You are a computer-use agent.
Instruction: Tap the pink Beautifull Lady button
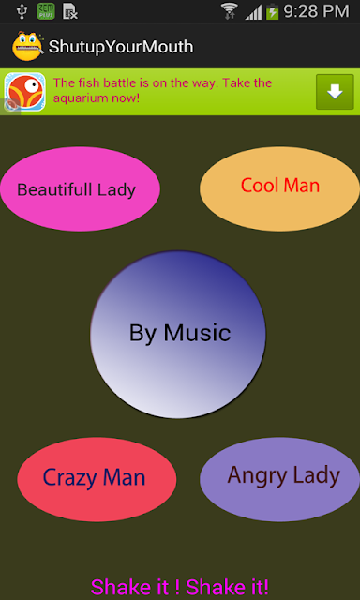80,189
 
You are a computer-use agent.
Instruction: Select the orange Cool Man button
279,189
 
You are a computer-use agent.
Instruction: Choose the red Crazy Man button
97,479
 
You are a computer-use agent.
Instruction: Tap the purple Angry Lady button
279,479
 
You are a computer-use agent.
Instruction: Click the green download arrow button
335,92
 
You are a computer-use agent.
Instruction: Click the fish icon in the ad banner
25,92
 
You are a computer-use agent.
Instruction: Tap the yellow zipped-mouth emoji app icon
27,46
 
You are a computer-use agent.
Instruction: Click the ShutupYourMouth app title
121,47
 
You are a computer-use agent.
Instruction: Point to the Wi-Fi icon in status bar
230,11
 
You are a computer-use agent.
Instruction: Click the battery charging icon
273,11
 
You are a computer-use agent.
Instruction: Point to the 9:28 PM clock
316,11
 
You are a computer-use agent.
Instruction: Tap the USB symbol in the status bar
22,11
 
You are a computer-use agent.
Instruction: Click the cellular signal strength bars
253,12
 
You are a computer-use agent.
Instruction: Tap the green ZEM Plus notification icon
46,11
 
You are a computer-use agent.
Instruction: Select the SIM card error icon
70,11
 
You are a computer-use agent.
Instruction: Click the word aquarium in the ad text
80,98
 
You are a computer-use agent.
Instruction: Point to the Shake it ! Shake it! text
180,588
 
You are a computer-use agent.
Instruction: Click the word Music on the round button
197,333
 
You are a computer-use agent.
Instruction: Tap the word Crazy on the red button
70,478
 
